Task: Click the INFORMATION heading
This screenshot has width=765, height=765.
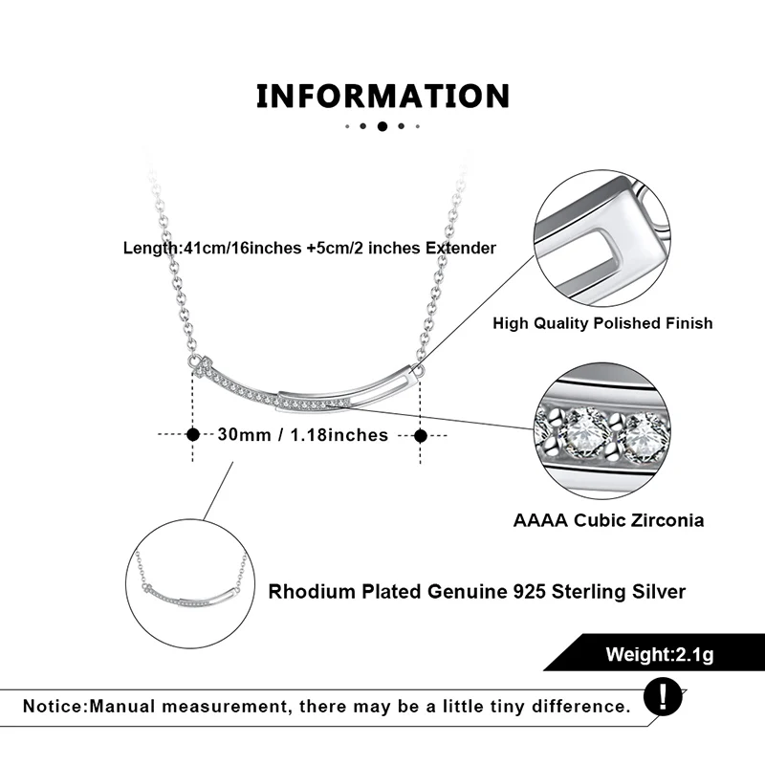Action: point(382,97)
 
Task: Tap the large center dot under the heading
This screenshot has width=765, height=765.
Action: point(382,126)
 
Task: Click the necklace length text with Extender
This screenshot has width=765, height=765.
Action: point(310,248)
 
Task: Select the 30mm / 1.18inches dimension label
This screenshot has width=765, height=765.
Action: point(303,434)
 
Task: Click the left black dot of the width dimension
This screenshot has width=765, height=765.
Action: point(193,434)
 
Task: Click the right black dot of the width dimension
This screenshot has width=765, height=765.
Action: point(420,435)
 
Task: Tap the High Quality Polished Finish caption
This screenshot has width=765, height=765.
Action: point(602,323)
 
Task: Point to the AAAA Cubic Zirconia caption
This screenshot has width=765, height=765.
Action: point(608,520)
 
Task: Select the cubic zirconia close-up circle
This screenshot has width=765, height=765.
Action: point(602,430)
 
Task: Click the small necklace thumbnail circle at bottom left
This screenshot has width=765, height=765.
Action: point(190,583)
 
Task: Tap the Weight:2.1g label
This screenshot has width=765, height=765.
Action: point(659,655)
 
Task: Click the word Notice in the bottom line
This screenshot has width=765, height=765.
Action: point(53,707)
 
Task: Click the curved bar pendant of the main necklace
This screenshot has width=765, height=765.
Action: point(306,387)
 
